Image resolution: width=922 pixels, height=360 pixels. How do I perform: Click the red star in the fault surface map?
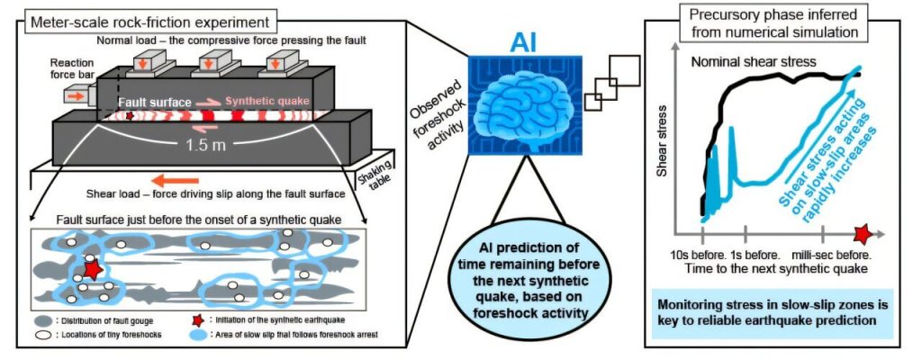(x=92, y=267)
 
